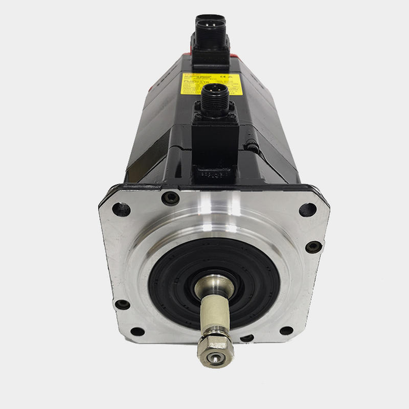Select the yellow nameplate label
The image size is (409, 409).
coord(211,82)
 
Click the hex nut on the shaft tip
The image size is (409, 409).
coord(216,349)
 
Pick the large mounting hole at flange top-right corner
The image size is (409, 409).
coord(308,210)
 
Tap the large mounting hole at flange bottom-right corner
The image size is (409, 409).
coord(286,331)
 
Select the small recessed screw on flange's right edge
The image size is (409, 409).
coord(314,247)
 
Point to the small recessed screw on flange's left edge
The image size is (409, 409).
coord(122,304)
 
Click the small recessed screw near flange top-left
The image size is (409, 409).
coord(171,199)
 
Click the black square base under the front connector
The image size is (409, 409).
coord(215,140)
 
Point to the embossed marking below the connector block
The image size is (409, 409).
coord(214,175)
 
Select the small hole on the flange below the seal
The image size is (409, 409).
coord(247,338)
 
